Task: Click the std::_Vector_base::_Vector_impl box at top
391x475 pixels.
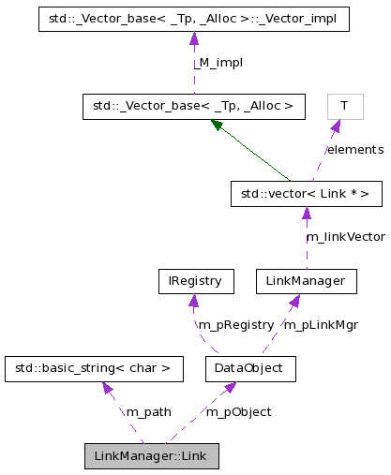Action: [194, 19]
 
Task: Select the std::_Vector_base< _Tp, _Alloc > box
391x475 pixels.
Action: [194, 107]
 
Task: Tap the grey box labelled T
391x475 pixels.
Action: [344, 107]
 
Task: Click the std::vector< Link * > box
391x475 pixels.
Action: [306, 194]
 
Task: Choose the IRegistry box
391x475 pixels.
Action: [194, 281]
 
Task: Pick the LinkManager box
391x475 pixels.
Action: [306, 281]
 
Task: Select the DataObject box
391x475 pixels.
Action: [249, 368]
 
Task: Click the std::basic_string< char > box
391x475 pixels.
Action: [93, 368]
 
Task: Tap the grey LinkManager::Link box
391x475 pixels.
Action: [152, 456]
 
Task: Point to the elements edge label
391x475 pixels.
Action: [354, 150]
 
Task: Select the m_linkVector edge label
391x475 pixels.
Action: [345, 238]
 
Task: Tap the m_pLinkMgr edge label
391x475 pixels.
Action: [321, 325]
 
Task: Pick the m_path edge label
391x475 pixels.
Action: [148, 412]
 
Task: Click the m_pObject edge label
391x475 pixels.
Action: [239, 412]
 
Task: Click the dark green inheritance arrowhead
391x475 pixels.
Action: [217, 125]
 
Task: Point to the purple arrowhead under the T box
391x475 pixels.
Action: [335, 125]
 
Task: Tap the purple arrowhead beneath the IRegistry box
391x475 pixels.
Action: [193, 300]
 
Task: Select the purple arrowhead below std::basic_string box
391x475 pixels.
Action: [107, 387]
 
